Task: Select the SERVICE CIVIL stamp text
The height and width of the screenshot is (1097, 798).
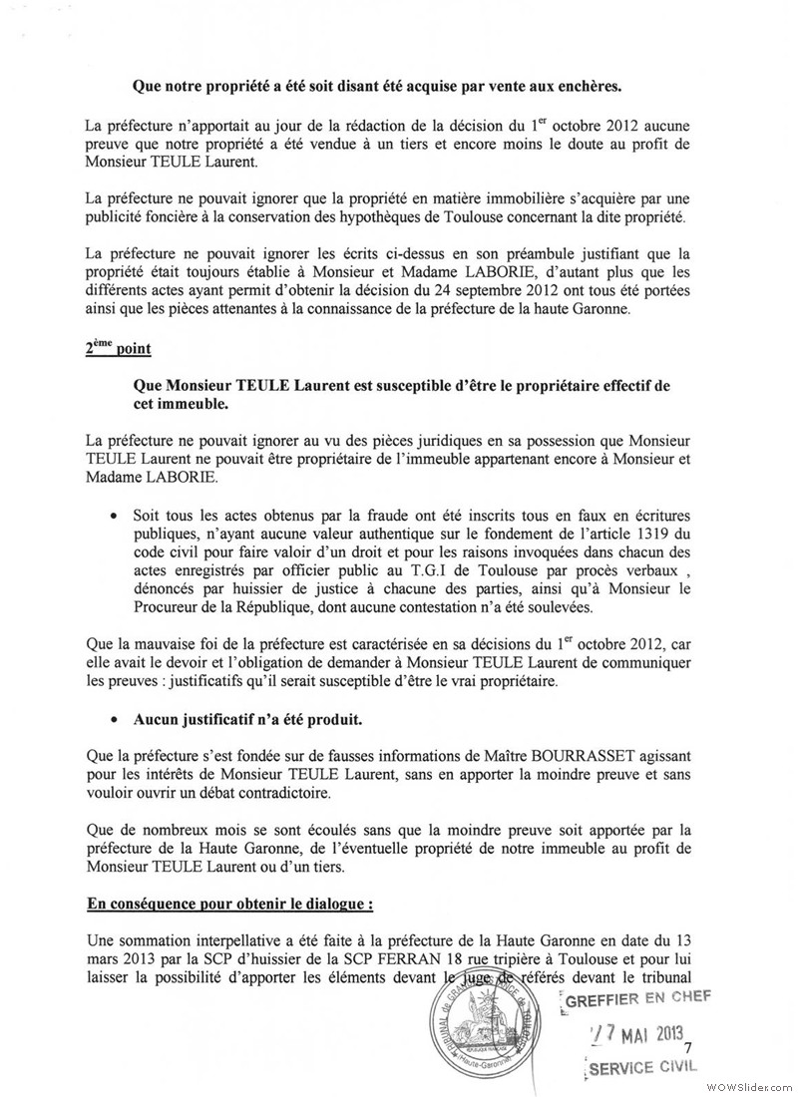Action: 643,1066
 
